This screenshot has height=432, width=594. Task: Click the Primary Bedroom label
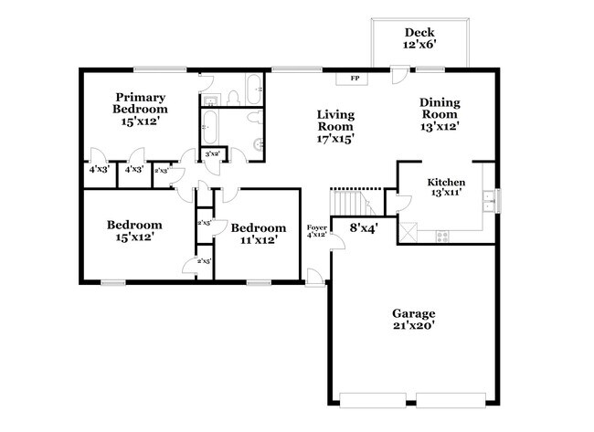[x=139, y=109]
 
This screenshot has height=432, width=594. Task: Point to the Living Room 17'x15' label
[x=335, y=126]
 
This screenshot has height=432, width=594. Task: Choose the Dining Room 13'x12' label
[x=440, y=114]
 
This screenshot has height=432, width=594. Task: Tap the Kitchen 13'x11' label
[x=447, y=187]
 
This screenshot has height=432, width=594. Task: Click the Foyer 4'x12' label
[x=316, y=230]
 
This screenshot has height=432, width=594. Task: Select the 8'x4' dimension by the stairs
[x=365, y=227]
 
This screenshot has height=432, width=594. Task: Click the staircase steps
[x=348, y=201]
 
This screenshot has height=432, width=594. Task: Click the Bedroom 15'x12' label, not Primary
[x=134, y=230]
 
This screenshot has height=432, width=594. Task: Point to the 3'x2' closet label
[x=212, y=154]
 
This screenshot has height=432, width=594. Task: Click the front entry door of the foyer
[x=313, y=277]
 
